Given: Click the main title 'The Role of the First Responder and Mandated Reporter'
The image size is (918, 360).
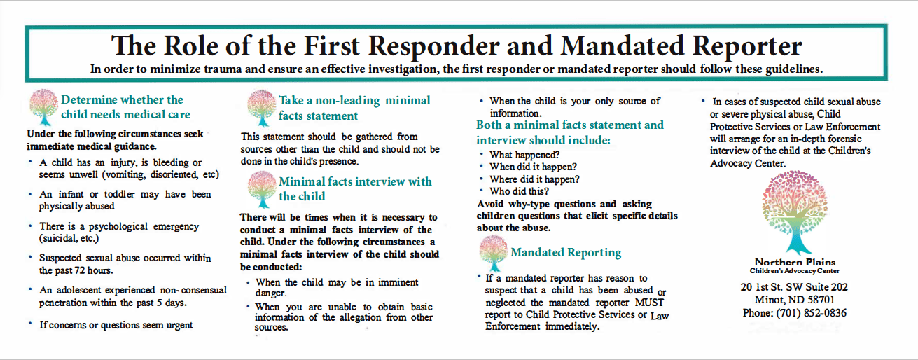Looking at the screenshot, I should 456,46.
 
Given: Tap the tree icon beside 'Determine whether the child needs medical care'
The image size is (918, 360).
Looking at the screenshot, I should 43,107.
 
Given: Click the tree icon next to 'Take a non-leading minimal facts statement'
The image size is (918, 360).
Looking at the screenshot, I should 260,107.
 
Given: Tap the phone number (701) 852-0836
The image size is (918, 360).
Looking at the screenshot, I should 794,313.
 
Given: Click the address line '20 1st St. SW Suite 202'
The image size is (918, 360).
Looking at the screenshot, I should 794,287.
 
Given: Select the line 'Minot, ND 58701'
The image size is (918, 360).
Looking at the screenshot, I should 794,300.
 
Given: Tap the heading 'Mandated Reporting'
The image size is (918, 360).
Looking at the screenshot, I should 566,252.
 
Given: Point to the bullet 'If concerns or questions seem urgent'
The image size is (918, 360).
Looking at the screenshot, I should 116,325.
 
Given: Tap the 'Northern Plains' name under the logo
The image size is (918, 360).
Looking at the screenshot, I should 794,262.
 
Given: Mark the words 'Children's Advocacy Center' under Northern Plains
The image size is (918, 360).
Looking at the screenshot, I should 794,271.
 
